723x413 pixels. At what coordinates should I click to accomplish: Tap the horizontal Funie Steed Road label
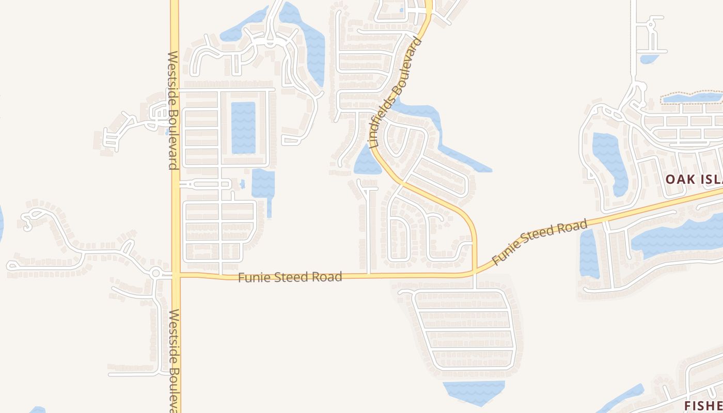coord(290,277)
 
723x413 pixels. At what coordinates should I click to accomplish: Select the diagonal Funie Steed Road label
coord(540,242)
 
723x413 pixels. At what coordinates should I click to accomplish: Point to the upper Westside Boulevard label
coord(173,109)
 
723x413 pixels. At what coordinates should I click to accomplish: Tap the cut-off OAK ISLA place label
coord(693,179)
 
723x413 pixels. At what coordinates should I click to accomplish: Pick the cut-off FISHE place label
coord(703,404)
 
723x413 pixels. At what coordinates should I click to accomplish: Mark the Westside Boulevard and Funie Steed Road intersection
coord(176,275)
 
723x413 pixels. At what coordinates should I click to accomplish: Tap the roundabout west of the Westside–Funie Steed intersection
coord(156,273)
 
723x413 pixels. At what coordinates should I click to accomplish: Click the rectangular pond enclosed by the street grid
coord(243,128)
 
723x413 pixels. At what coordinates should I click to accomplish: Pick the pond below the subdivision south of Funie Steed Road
coord(474,391)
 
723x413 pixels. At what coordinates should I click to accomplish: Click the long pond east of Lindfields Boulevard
coord(439,134)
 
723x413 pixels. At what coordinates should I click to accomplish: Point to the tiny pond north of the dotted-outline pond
coord(648,59)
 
